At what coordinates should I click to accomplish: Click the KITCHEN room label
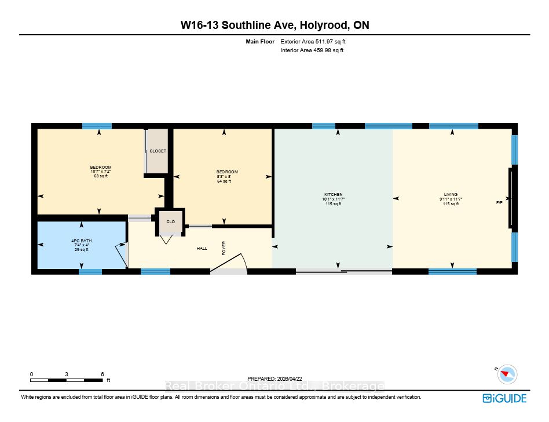point(334,195)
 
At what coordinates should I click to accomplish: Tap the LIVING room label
point(451,195)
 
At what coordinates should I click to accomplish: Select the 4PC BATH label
point(82,241)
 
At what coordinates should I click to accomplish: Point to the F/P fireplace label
point(499,202)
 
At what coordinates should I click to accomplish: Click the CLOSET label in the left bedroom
point(158,151)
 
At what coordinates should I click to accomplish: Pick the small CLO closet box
point(170,221)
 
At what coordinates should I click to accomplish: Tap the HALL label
point(202,249)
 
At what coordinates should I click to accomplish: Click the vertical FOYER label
point(224,248)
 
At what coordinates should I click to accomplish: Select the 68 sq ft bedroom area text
point(101,176)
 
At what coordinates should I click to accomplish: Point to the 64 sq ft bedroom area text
point(224,181)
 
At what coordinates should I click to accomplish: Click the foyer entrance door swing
point(229,263)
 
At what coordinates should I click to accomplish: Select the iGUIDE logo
point(504,398)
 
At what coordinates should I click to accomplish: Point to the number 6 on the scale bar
point(103,374)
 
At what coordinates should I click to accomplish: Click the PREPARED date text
point(274,379)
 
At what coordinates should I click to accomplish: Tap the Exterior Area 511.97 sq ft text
point(313,41)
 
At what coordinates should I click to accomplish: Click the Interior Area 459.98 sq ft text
point(312,50)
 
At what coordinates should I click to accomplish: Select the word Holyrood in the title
point(324,26)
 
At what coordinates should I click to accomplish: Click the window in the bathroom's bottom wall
point(90,272)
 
